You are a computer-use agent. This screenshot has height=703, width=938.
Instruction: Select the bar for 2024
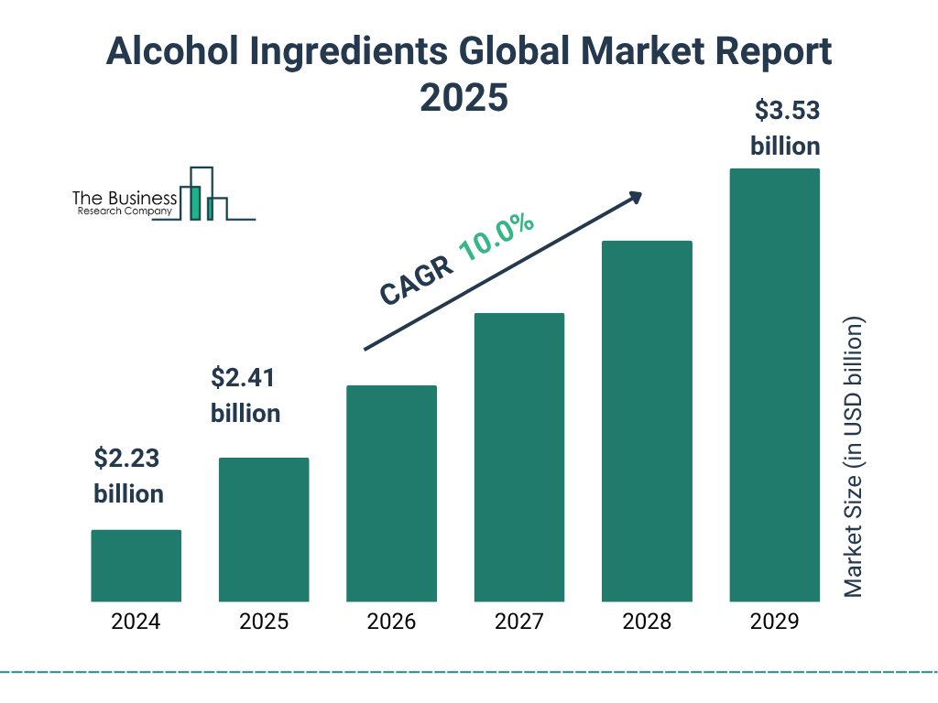coord(136,566)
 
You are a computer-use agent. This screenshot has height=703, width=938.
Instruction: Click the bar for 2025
coord(264,529)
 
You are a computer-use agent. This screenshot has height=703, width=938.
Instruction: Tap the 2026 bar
coord(391,493)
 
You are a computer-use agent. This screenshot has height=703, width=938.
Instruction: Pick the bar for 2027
coord(518,458)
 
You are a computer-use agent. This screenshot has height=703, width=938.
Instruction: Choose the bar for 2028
coord(647,421)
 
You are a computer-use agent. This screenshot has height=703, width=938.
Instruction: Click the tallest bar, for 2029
coord(774,384)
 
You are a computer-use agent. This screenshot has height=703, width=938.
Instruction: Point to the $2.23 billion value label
coord(129,476)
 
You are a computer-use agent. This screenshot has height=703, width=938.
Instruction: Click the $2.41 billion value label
coord(245,395)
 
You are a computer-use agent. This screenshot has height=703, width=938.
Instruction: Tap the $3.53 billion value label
coord(785,128)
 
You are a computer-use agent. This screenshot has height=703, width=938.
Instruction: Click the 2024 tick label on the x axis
coord(136,622)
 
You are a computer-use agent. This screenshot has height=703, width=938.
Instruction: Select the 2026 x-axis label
coord(391,622)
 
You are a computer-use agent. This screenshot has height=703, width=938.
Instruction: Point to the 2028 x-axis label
coord(647,622)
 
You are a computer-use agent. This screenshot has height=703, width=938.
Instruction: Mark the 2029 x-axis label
coord(774,622)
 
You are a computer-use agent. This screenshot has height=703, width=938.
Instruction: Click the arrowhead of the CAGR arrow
coord(634,196)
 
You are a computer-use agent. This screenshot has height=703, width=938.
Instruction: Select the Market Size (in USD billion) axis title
coord(854,458)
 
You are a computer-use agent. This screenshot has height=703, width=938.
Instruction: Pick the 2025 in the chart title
coord(464,97)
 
